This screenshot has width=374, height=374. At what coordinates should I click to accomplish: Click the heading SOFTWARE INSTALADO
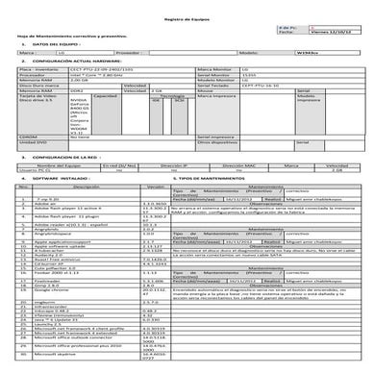coord(63,207)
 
